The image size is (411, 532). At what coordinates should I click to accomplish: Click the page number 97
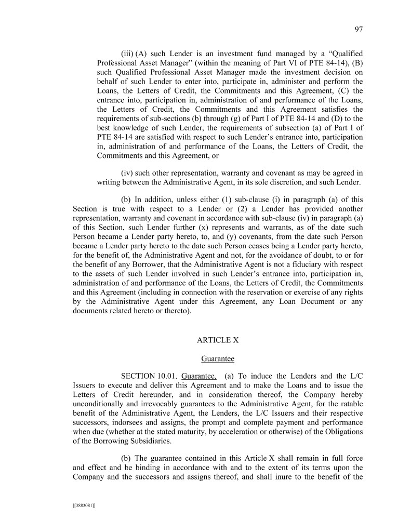358,30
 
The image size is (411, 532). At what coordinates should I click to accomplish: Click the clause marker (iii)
127,53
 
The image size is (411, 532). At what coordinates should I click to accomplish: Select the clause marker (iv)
127,172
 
